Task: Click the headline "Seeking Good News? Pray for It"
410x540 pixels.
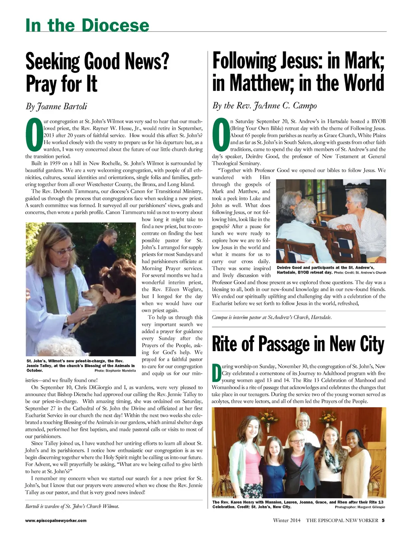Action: click(x=97, y=72)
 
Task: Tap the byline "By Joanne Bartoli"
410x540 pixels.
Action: click(x=56, y=106)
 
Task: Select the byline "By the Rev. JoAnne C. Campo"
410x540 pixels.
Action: click(x=264, y=106)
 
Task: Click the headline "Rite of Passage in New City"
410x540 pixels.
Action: click(x=298, y=344)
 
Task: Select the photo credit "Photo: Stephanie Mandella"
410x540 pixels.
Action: click(x=115, y=370)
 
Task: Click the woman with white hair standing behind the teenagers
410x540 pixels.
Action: click(x=303, y=423)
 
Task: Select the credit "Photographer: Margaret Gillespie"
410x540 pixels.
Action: click(x=360, y=507)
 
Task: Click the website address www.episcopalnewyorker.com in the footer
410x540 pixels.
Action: click(x=56, y=520)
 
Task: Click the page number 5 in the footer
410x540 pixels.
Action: click(x=383, y=520)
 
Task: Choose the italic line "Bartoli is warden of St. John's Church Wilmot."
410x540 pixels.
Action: click(x=72, y=506)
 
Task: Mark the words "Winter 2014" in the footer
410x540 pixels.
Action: click(x=286, y=520)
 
